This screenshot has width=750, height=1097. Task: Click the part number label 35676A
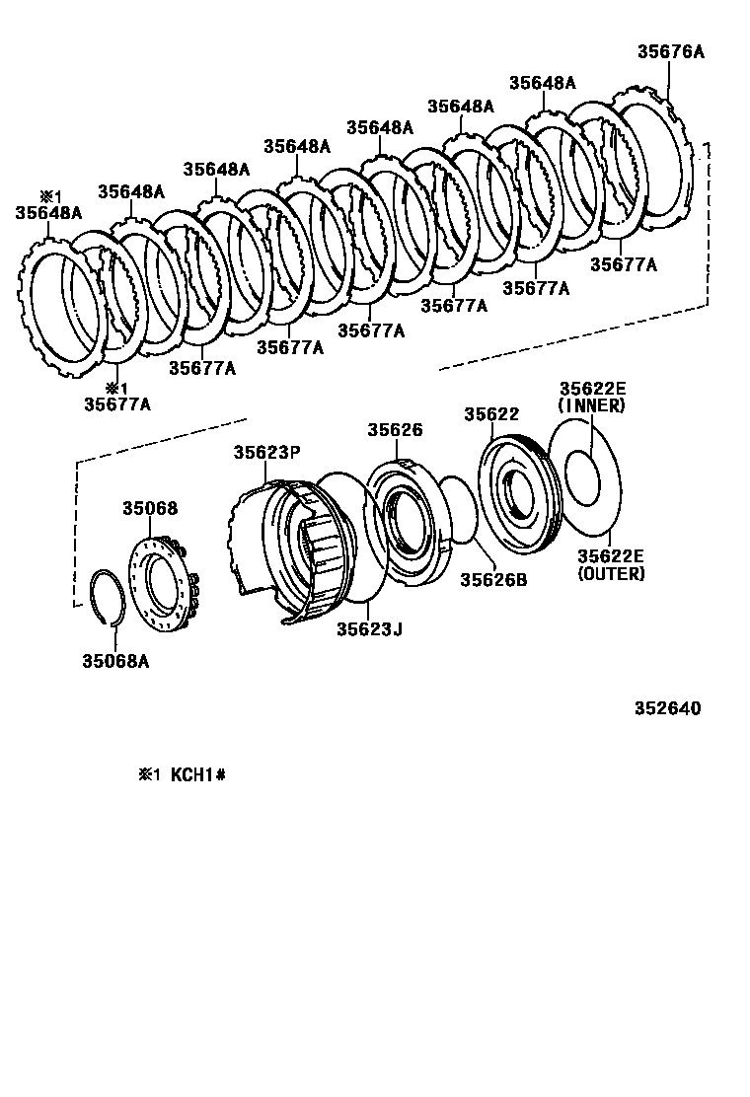pos(670,52)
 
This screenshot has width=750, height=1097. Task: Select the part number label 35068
pos(150,508)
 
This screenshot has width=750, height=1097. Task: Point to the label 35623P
pos(266,453)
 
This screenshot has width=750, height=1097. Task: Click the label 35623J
pos(368,628)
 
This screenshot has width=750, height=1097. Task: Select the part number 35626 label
pos(395,430)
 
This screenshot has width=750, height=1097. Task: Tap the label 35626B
pos(493,580)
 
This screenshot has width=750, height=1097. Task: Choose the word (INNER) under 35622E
pos(592,405)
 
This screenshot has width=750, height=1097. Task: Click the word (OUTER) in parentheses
pos(611,573)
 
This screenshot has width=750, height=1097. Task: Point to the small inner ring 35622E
pos(581,471)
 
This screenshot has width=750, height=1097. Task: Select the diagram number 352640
pos(667,708)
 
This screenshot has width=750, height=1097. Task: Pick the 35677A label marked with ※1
pos(117,402)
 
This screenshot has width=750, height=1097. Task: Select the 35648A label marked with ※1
pos(48,211)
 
